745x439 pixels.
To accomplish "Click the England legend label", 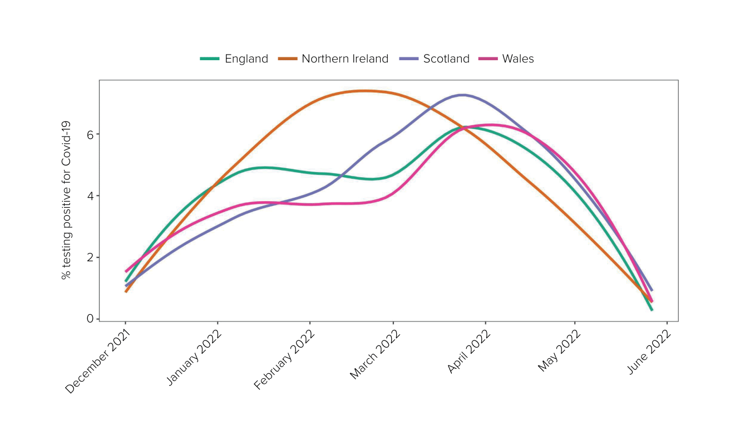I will [246, 59].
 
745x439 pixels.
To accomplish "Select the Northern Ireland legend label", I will [344, 59].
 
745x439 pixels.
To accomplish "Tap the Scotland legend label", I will [446, 59].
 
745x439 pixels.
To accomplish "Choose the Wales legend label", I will [517, 59].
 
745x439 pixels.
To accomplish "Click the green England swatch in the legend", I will [210, 59].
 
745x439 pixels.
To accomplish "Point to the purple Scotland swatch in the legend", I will [409, 59].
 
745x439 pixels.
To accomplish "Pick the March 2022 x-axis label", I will [375, 354].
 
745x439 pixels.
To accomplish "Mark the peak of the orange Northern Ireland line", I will [365, 91].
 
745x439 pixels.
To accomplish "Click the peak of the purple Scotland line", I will [462, 95].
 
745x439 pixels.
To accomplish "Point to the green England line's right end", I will [652, 309].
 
